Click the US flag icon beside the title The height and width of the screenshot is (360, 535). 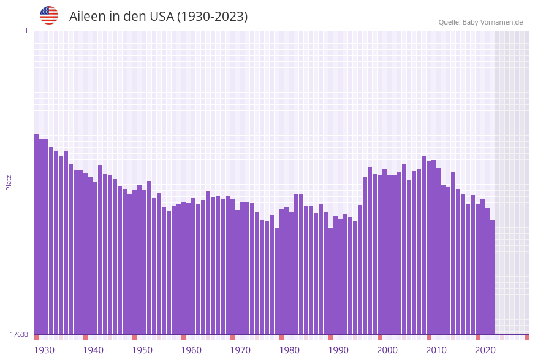pyautogui.click(x=49, y=15)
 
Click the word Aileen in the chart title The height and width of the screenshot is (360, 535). pyautogui.click(x=88, y=17)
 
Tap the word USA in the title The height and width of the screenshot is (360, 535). pyautogui.click(x=162, y=17)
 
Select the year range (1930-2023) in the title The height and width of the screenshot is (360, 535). pyautogui.click(x=213, y=17)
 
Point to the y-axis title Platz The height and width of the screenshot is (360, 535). pyautogui.click(x=9, y=182)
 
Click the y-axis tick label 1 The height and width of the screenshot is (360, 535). pyautogui.click(x=26, y=31)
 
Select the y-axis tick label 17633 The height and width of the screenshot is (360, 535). pyautogui.click(x=19, y=334)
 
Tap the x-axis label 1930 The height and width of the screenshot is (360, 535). pyautogui.click(x=44, y=350)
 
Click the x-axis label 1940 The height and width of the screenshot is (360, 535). pyautogui.click(x=93, y=350)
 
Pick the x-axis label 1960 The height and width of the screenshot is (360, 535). pyautogui.click(x=191, y=350)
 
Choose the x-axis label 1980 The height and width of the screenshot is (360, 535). pyautogui.click(x=289, y=350)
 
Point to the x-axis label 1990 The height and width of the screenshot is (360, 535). pyautogui.click(x=338, y=350)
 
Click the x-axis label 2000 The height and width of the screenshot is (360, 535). pyautogui.click(x=387, y=350)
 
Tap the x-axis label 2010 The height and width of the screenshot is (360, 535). pyautogui.click(x=436, y=350)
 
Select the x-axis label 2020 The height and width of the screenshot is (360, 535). pyautogui.click(x=485, y=350)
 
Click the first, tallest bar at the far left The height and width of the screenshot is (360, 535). pyautogui.click(x=36, y=233)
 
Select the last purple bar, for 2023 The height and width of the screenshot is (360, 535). pyautogui.click(x=492, y=277)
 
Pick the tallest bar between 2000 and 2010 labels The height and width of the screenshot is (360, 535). pyautogui.click(x=423, y=245)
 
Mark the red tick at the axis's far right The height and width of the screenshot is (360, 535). pyautogui.click(x=526, y=337)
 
